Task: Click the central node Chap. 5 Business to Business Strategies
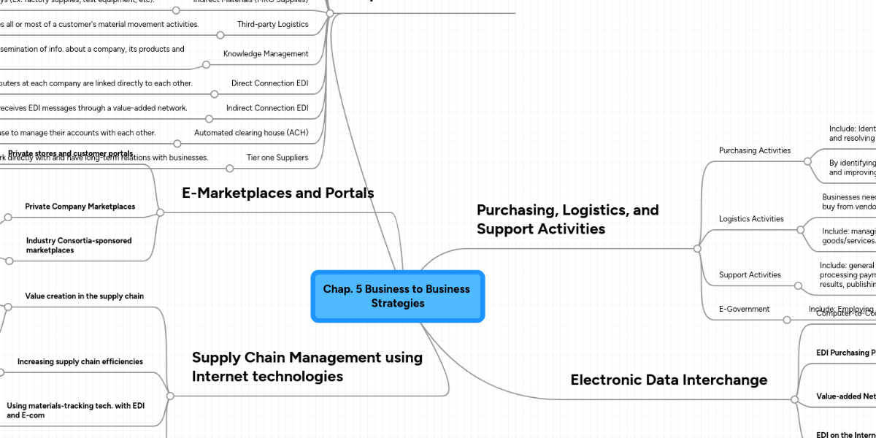coord(397,296)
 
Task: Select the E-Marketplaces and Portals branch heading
coord(277,193)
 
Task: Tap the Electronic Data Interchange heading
coord(669,380)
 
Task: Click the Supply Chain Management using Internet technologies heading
coord(307,366)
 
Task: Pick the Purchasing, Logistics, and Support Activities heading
coord(567,219)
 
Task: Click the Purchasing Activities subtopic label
coord(754,150)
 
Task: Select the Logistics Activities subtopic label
coord(751,218)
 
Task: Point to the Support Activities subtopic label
coord(750,274)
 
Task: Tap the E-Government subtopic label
coord(744,309)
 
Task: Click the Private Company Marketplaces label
coord(80,207)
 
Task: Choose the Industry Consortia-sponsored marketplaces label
coord(79,245)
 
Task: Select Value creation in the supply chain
coord(84,296)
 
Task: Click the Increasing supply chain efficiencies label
coord(80,361)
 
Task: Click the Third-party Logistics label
coord(272,24)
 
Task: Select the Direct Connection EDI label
coord(269,83)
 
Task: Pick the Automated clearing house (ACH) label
coord(251,133)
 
